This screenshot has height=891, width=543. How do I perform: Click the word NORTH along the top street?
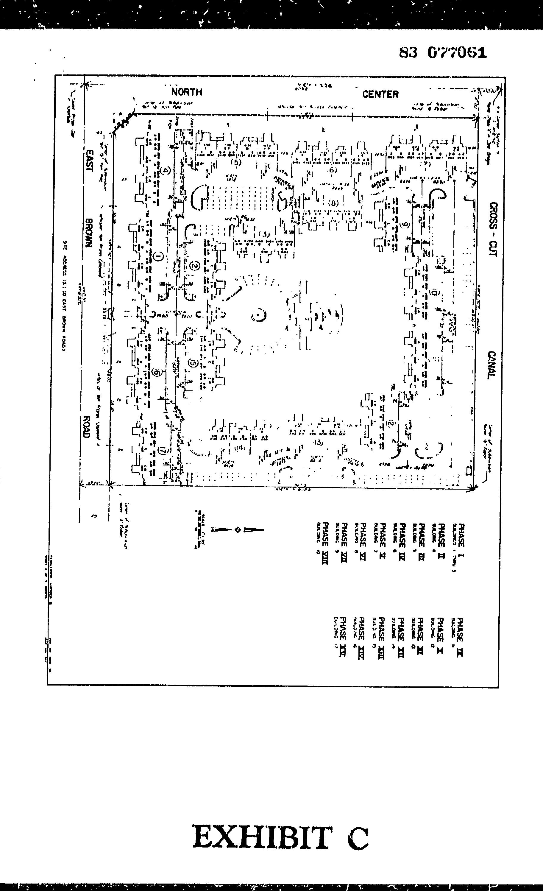pos(187,92)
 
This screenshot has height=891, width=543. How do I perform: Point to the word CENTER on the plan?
pos(380,95)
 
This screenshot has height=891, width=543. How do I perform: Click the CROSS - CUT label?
pos(493,229)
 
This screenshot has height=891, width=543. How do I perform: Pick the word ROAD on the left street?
pos(86,427)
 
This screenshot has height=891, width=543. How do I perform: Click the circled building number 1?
pos(158,257)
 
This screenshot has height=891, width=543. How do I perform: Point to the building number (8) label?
pos(333,203)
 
